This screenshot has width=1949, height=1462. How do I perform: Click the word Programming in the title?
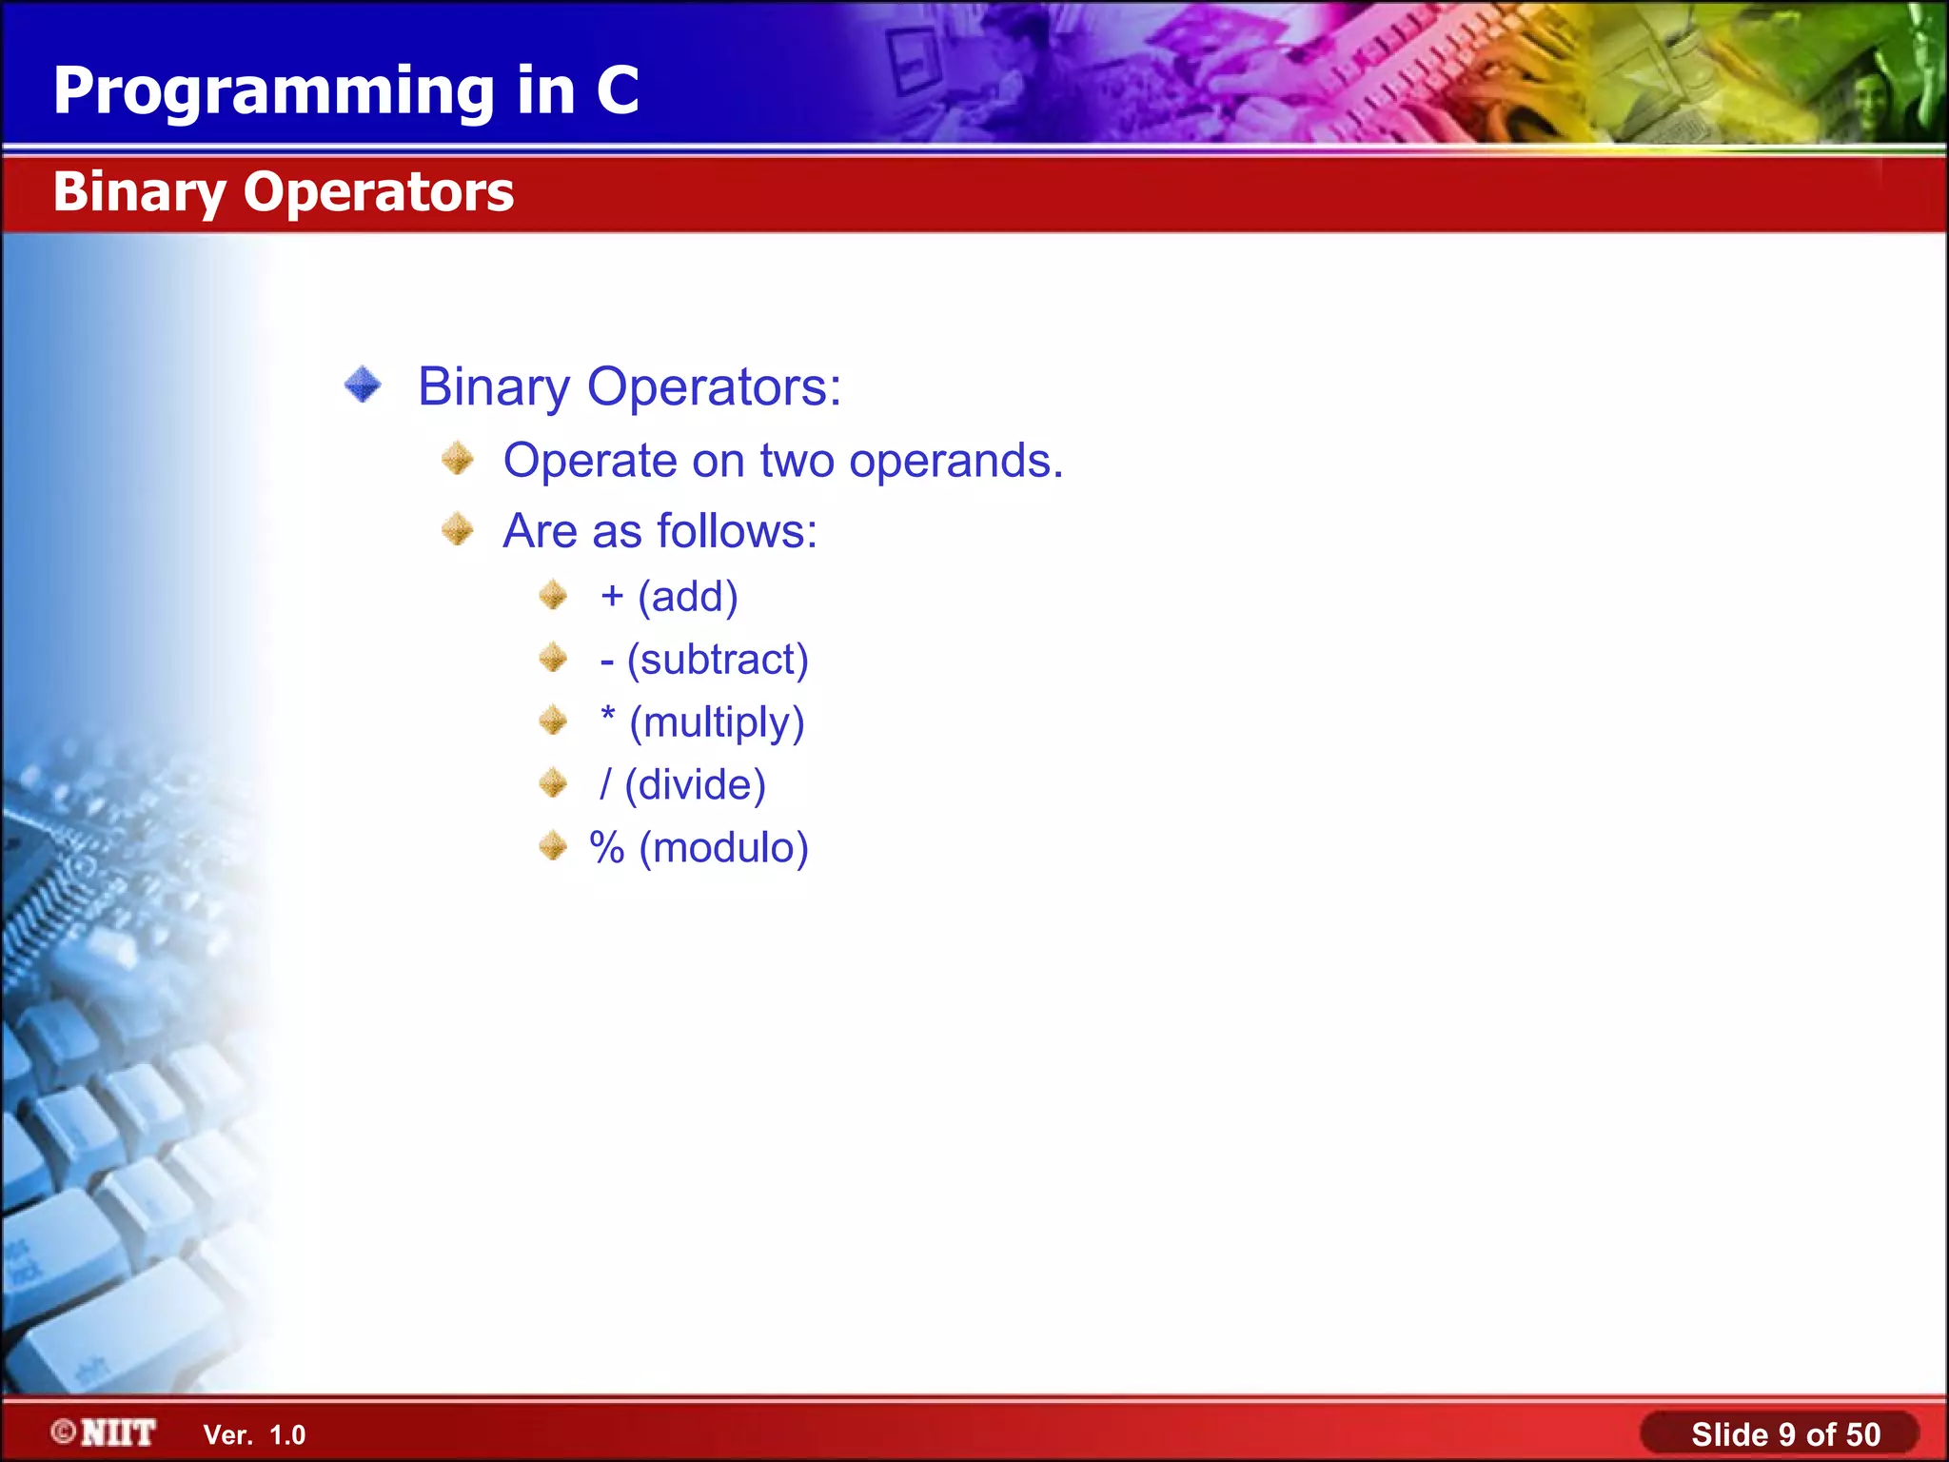pos(273,92)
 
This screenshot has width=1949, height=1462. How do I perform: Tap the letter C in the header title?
pos(618,91)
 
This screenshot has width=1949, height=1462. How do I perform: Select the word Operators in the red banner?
pos(378,192)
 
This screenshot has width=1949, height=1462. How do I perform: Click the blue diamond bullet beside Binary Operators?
pos(363,385)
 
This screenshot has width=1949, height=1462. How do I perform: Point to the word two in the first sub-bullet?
pos(797,462)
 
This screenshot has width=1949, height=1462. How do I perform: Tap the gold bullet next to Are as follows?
pos(458,529)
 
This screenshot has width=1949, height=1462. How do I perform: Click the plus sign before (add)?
pos(612,597)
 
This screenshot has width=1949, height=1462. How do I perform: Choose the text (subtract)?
pos(718,660)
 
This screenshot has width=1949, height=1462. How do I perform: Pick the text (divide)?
pos(696,785)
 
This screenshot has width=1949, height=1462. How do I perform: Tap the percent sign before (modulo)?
pos(607,847)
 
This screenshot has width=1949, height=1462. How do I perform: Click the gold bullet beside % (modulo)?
pos(553,845)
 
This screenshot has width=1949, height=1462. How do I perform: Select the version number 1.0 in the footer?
pos(287,1435)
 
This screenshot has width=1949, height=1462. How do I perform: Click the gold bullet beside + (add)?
pos(553,596)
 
